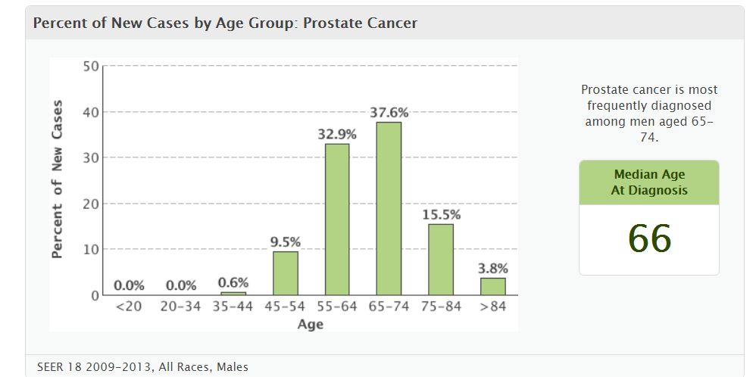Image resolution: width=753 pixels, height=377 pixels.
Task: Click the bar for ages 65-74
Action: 389,208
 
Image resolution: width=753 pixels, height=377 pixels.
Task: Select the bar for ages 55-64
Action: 337,219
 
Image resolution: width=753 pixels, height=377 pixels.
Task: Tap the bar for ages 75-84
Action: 441,259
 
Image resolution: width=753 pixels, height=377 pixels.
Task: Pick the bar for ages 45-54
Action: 286,273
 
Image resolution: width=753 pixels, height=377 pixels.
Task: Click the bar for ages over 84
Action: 492,286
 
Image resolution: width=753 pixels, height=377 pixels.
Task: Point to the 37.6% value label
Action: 389,113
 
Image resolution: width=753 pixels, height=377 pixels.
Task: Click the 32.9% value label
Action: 337,134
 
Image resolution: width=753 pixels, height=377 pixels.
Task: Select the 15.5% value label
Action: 441,214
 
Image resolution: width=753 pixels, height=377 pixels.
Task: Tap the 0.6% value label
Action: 233,282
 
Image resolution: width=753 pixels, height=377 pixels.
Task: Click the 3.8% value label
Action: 493,268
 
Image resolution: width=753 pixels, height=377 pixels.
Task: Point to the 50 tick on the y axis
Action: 90,67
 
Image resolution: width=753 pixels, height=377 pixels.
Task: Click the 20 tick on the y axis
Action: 90,204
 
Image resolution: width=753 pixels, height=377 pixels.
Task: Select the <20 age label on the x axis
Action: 129,307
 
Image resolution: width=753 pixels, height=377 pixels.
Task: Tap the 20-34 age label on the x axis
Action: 181,307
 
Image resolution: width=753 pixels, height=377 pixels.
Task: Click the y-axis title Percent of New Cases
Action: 58,179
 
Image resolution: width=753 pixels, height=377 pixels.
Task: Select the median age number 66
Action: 649,239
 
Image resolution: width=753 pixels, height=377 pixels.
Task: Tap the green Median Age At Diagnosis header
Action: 649,182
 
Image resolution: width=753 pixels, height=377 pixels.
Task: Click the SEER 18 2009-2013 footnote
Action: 142,367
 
